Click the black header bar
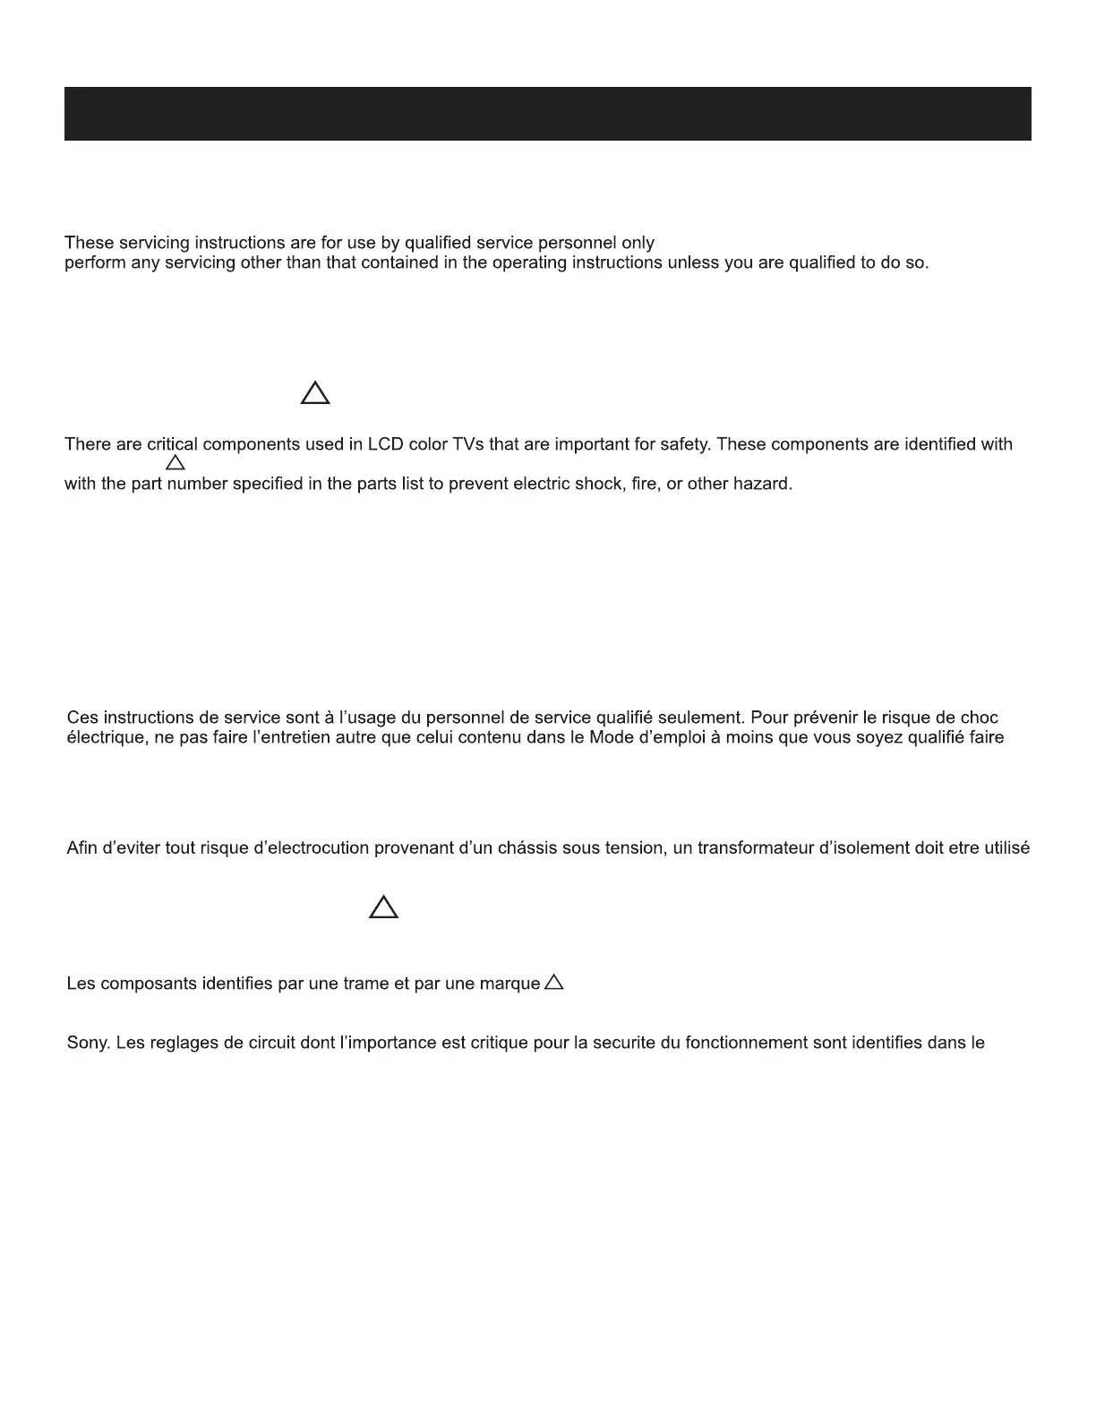coord(547,114)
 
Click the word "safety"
coord(684,444)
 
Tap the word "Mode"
coord(612,738)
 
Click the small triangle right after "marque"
coord(554,983)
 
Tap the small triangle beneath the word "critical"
coord(176,463)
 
